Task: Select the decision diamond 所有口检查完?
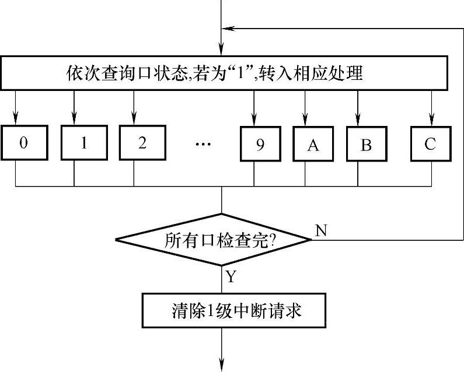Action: coord(213,240)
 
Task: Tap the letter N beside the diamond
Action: coord(321,230)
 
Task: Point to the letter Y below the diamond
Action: coord(230,277)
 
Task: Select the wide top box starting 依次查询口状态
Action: coord(232,74)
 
